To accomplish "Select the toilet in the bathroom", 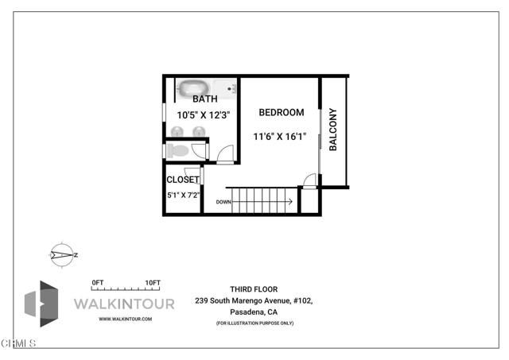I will pos(179,150).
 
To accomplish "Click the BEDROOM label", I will pos(282,112).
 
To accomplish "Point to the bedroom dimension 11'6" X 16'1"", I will pos(279,137).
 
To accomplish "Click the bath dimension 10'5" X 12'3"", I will pos(203,114).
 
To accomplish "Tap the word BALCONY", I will pos(333,130).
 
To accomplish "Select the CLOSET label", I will pos(183,180).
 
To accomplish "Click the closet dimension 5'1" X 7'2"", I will pos(183,194).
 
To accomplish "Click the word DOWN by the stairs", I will pos(223,202).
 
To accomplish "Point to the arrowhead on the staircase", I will pos(289,202).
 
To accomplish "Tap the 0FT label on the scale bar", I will pos(97,283).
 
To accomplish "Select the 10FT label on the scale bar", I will pos(153,283).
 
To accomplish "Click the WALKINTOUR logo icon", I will pos(42,304).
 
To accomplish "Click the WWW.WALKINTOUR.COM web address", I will pos(125,319).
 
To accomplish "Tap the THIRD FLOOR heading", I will pos(254,289).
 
